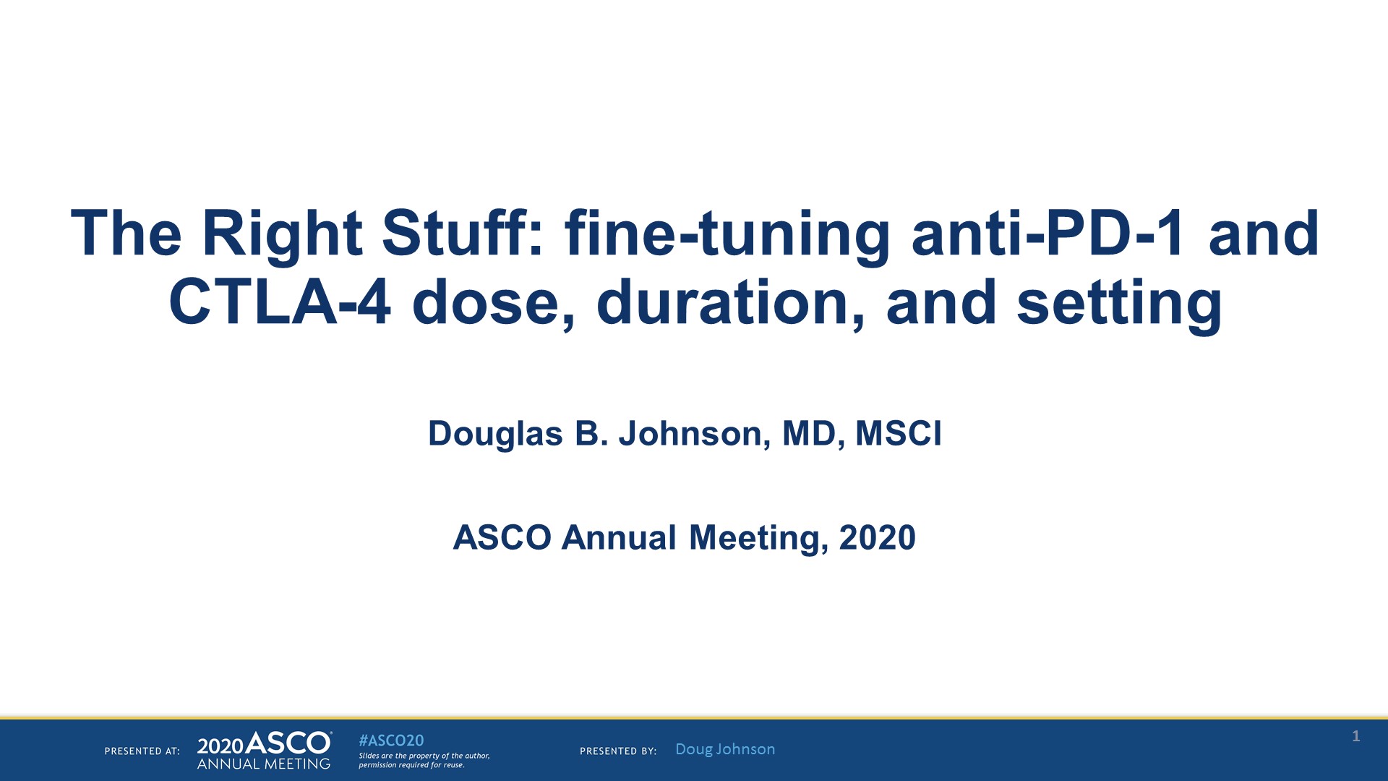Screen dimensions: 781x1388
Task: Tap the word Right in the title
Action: tap(282, 233)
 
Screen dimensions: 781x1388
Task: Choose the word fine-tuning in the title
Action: tap(727, 233)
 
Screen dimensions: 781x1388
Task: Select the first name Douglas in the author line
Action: tap(495, 434)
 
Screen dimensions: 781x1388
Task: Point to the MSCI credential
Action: tap(899, 434)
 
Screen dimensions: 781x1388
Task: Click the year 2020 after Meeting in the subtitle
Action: tap(877, 538)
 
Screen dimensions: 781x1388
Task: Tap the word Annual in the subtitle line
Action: tap(620, 538)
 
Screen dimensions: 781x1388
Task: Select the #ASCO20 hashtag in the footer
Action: tap(391, 741)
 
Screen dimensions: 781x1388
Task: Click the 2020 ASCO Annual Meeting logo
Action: tap(265, 751)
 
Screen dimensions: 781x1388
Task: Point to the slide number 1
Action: tap(1356, 736)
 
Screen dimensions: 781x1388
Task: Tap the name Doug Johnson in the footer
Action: tap(725, 749)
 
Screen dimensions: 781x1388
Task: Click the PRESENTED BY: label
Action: tap(618, 751)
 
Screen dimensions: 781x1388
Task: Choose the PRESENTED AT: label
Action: tap(142, 751)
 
